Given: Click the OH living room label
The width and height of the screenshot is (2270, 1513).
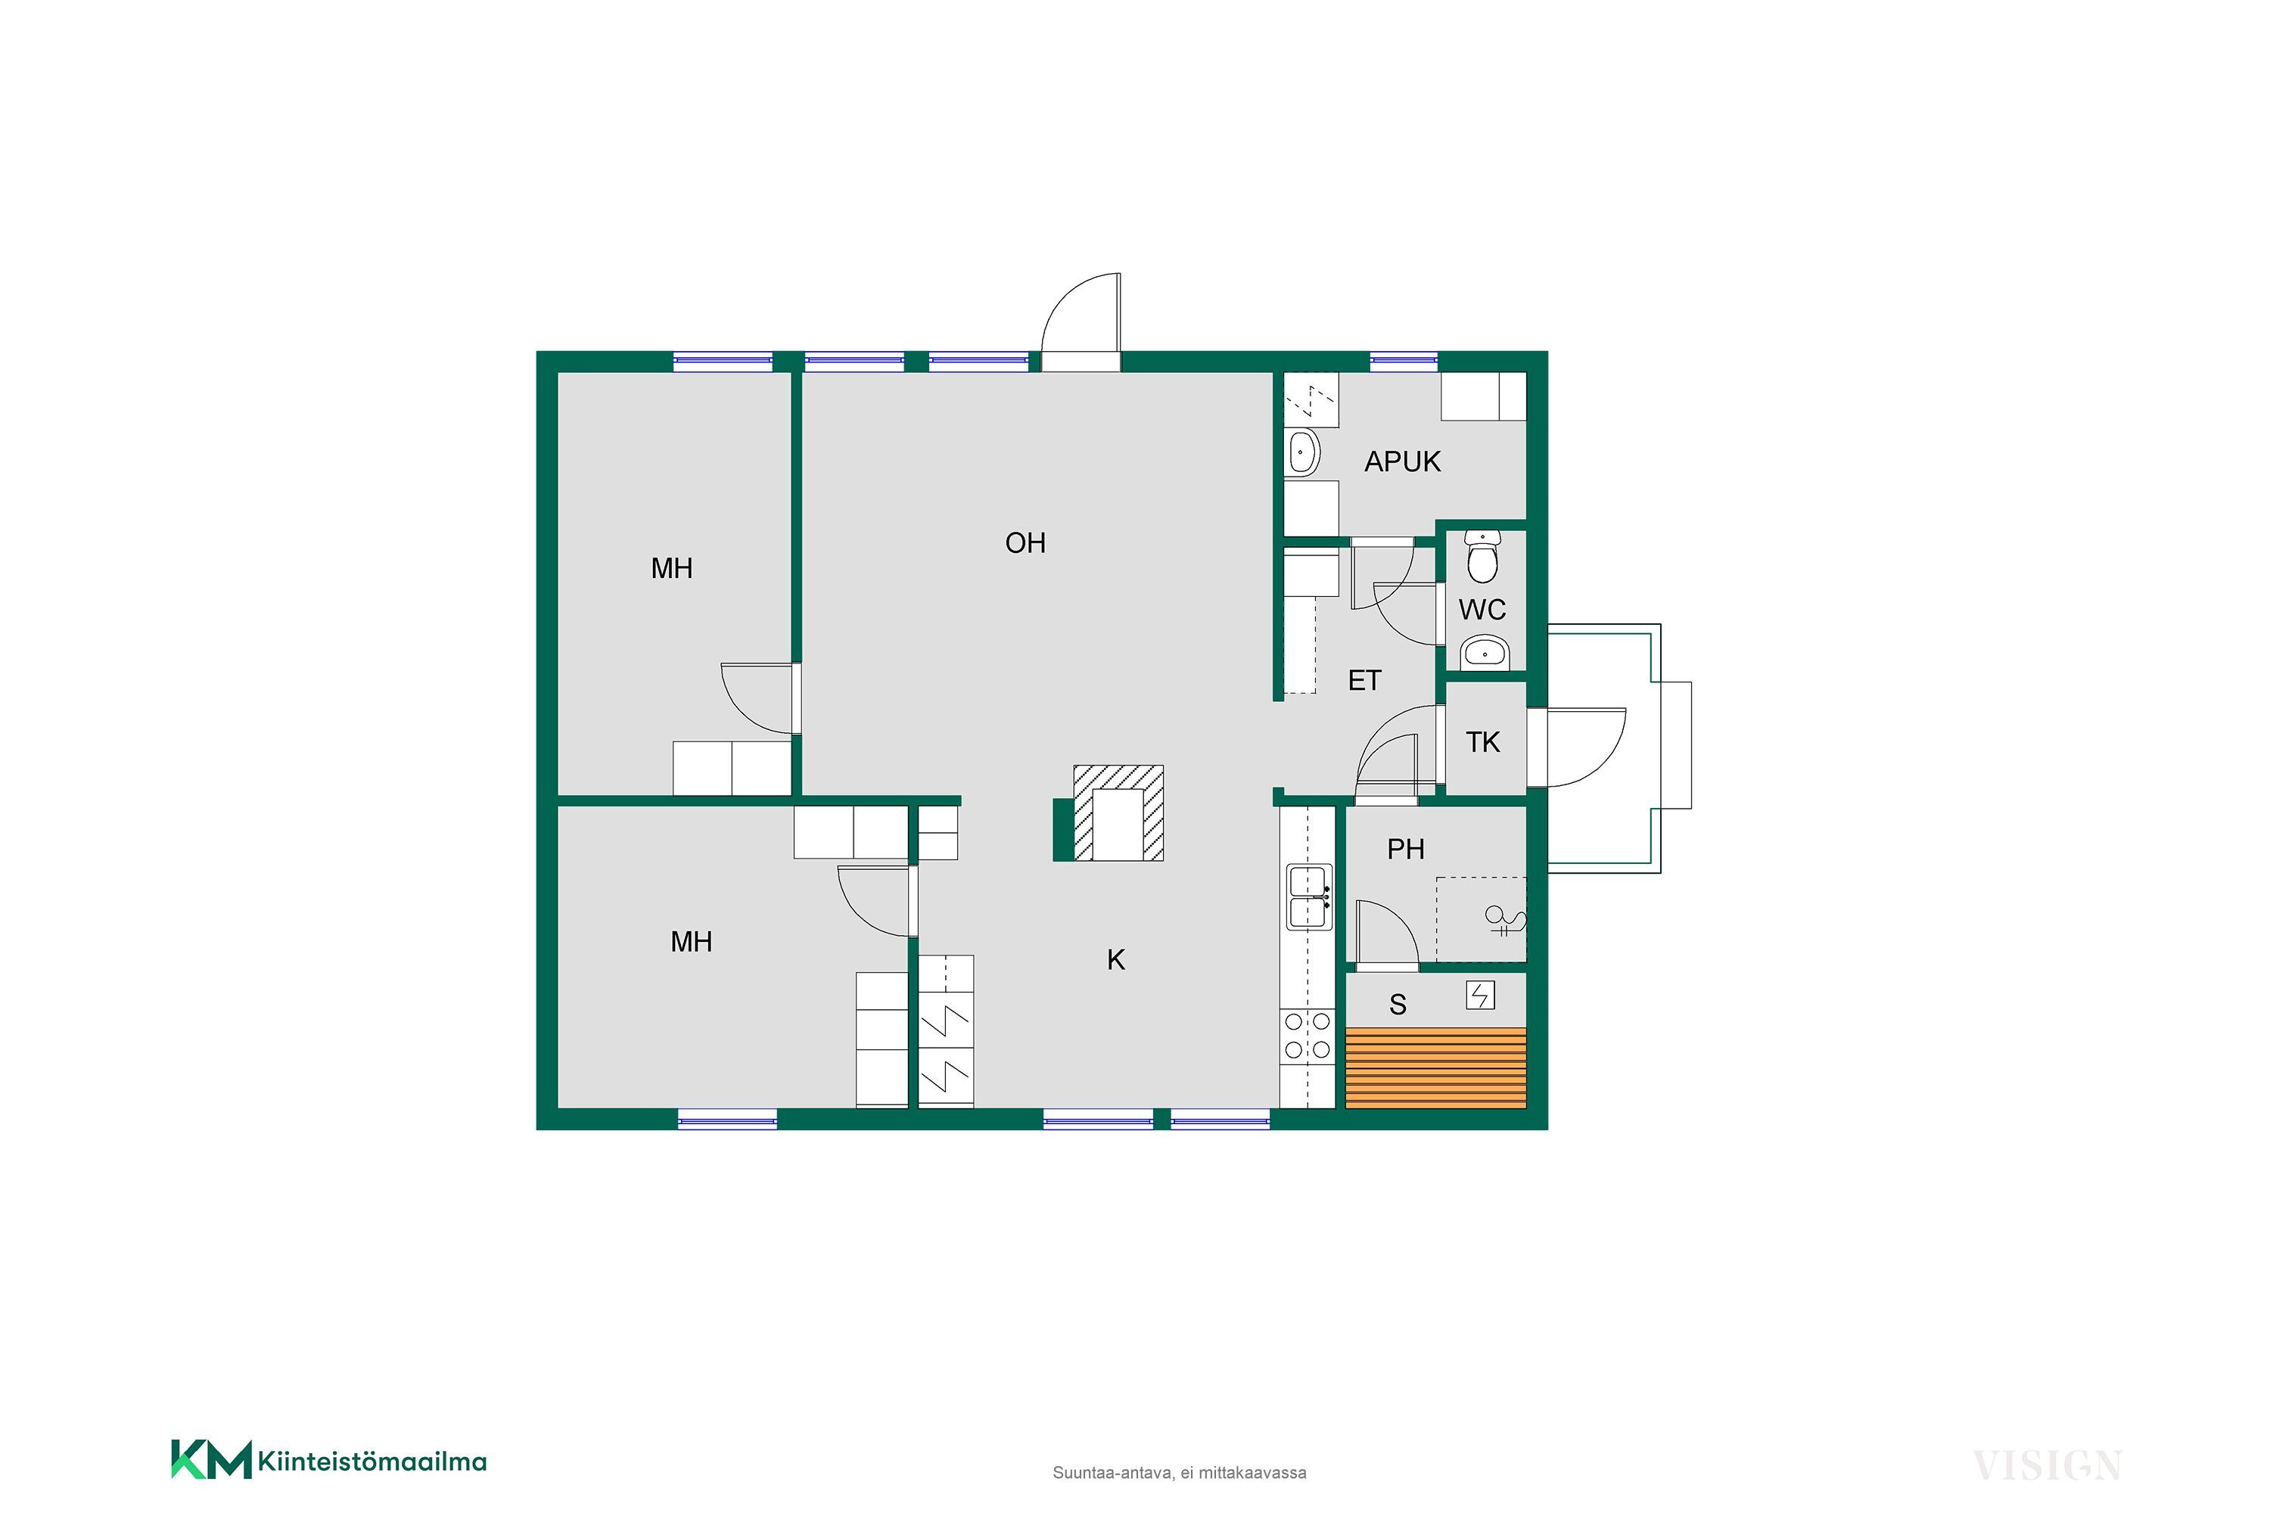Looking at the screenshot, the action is (1025, 543).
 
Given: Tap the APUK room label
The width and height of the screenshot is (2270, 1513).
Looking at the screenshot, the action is (1402, 462).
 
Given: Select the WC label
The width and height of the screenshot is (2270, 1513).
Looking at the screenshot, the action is (1482, 610).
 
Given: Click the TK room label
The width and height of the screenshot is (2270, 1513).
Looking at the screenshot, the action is (1482, 742).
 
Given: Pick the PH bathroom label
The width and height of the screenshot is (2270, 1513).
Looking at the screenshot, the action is (1405, 849).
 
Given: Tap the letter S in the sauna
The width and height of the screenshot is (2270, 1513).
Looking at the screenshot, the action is (1398, 1005).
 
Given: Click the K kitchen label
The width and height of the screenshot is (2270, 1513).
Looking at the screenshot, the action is (1115, 960).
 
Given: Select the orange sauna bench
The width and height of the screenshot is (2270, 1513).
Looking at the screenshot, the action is (1436, 1067).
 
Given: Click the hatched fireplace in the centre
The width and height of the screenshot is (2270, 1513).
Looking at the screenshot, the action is (1118, 812).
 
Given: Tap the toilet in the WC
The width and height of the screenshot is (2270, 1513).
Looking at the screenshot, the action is (1482, 557).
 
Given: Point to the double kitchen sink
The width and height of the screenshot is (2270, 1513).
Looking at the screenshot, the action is (1309, 897).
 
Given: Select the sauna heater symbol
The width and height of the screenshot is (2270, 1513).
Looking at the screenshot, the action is (1481, 995).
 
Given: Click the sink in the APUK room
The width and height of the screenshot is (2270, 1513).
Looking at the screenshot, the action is (1303, 452).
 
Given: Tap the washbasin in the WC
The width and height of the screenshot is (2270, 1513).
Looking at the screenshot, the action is (1483, 654).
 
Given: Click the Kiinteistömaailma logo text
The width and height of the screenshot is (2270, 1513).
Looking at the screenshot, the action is (372, 1462).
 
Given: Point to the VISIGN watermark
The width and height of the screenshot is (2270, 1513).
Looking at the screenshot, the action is (2047, 1466).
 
